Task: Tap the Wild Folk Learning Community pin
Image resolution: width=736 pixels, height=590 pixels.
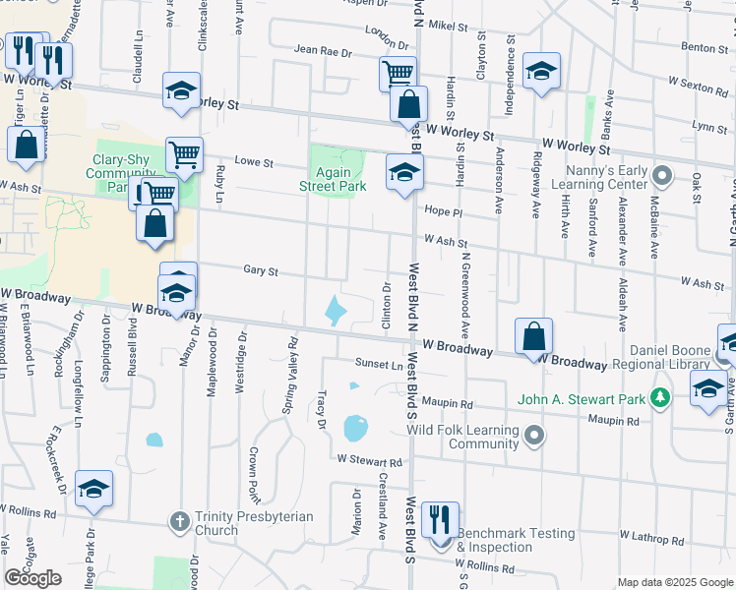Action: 534,434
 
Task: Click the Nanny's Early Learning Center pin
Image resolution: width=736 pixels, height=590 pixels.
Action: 662,177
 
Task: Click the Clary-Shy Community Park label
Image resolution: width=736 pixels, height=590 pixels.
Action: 121,173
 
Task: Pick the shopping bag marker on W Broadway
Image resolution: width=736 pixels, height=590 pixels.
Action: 532,336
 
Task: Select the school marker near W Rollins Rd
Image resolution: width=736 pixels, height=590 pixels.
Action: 93,489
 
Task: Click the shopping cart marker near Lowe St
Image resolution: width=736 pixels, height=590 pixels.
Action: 184,154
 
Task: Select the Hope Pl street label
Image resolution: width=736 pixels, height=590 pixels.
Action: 443,211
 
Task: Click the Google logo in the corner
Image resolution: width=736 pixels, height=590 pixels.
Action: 33,578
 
